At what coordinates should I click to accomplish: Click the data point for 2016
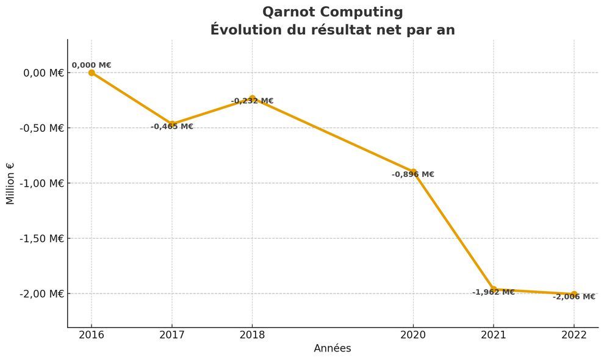(92, 73)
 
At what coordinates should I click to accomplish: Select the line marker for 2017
(172, 124)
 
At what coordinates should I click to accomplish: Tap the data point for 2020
(413, 171)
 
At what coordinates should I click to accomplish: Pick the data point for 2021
(494, 289)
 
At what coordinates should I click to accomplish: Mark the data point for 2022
(574, 294)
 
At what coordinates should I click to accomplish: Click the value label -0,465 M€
(172, 127)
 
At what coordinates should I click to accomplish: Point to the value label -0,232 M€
(252, 101)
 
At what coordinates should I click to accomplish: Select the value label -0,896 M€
(413, 175)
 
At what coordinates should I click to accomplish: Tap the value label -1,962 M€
(494, 292)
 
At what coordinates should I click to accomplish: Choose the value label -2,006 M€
(574, 297)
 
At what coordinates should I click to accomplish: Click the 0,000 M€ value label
(92, 65)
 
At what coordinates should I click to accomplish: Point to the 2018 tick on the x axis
(252, 335)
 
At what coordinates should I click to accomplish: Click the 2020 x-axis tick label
(413, 335)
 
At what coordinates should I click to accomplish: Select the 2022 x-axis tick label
(574, 335)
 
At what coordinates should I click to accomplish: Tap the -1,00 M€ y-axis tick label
(41, 183)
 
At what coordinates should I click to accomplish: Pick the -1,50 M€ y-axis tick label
(41, 239)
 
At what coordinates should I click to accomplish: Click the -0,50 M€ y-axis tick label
(41, 128)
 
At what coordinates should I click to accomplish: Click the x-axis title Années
(333, 348)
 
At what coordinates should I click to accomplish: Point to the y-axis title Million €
(10, 183)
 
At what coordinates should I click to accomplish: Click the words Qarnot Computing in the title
(333, 12)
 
